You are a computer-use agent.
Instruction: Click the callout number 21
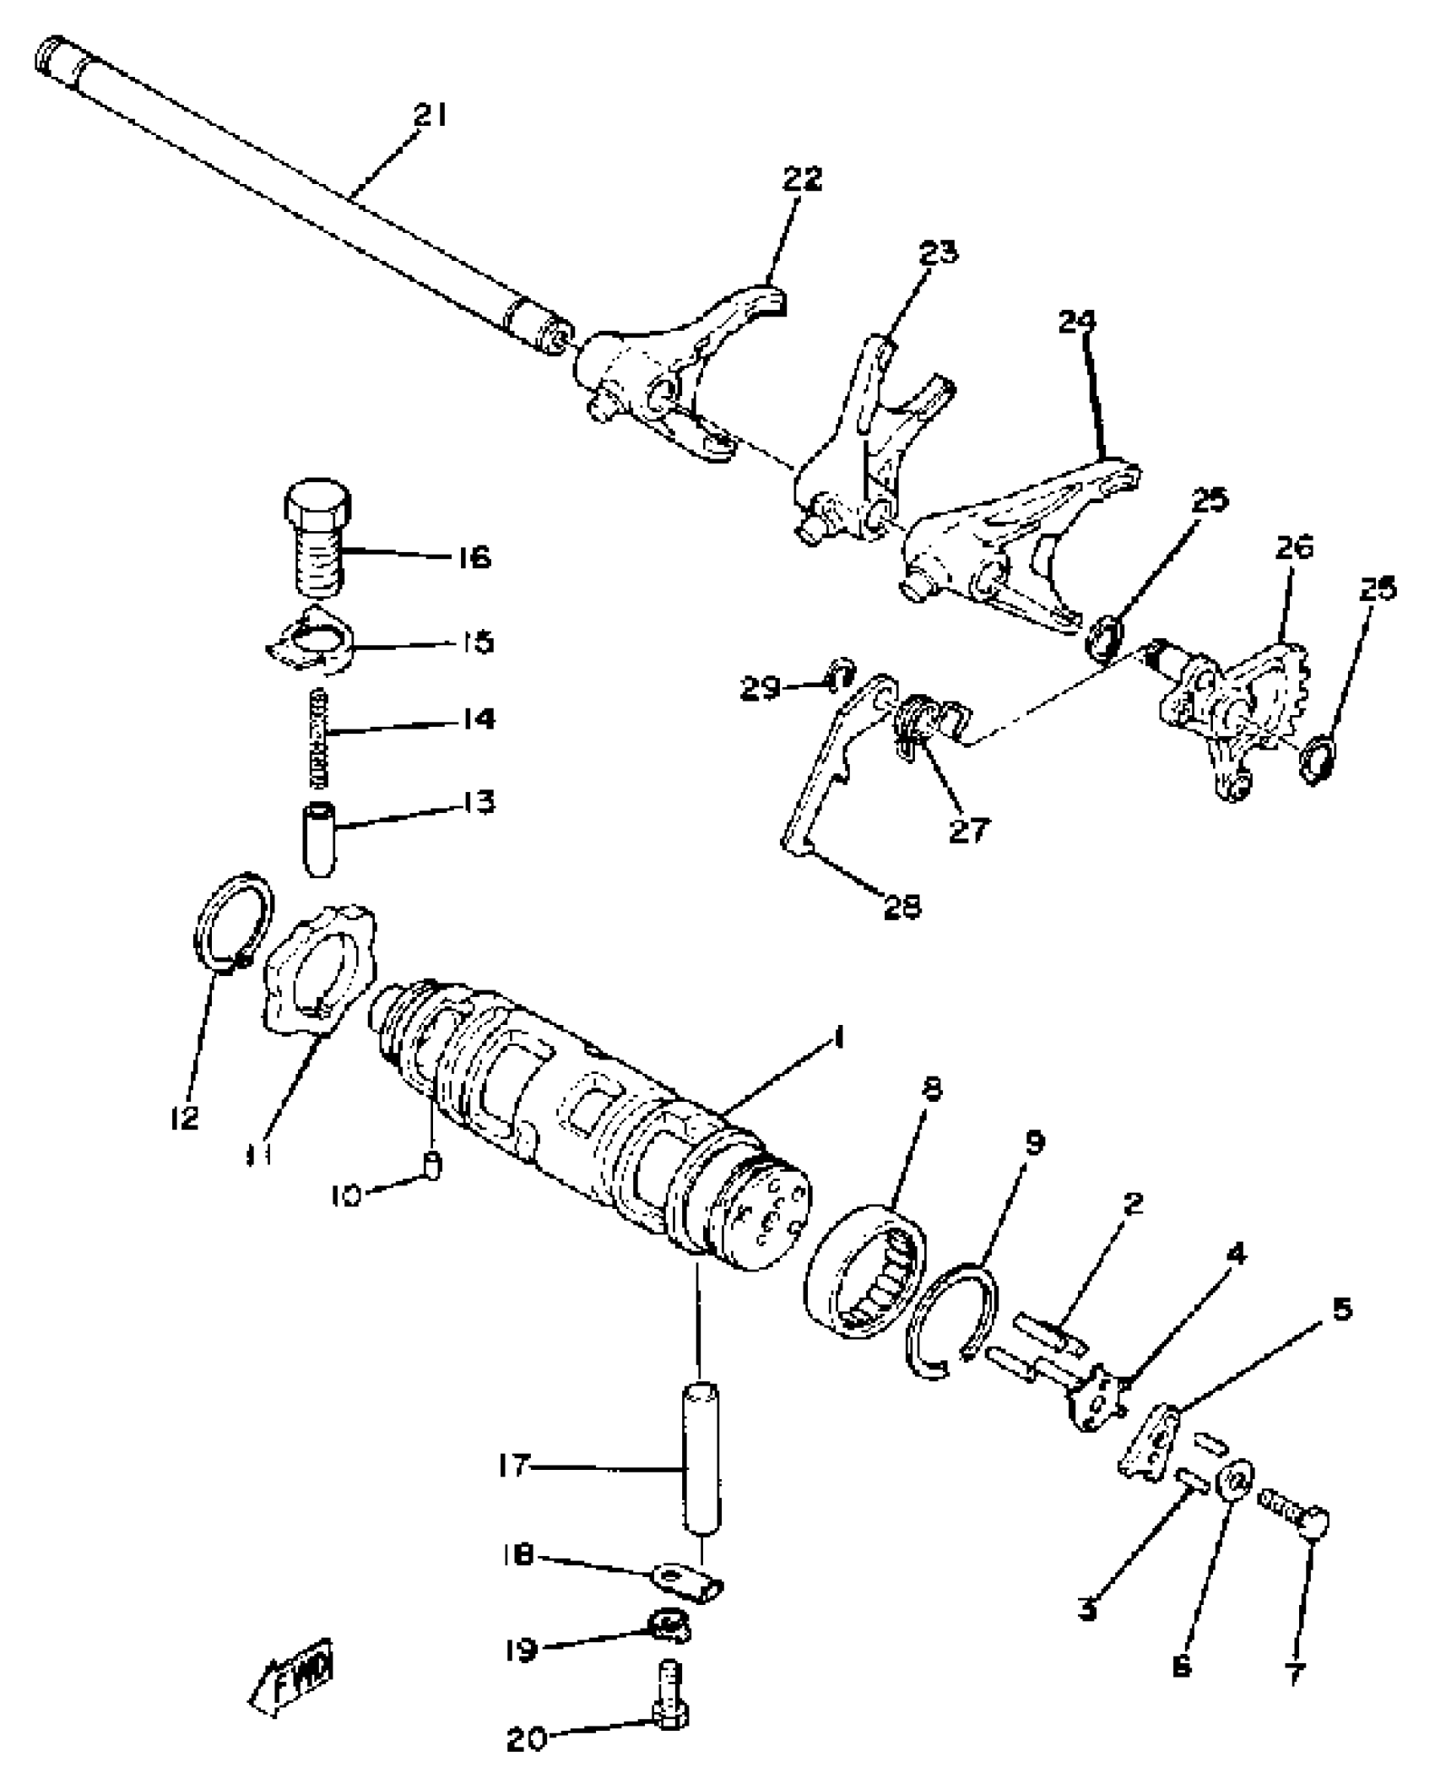click(x=430, y=116)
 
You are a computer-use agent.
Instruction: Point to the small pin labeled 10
click(x=432, y=1166)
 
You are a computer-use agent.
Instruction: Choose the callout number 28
click(x=902, y=907)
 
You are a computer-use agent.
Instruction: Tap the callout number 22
click(x=801, y=179)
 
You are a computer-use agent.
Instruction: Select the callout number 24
click(x=1076, y=322)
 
